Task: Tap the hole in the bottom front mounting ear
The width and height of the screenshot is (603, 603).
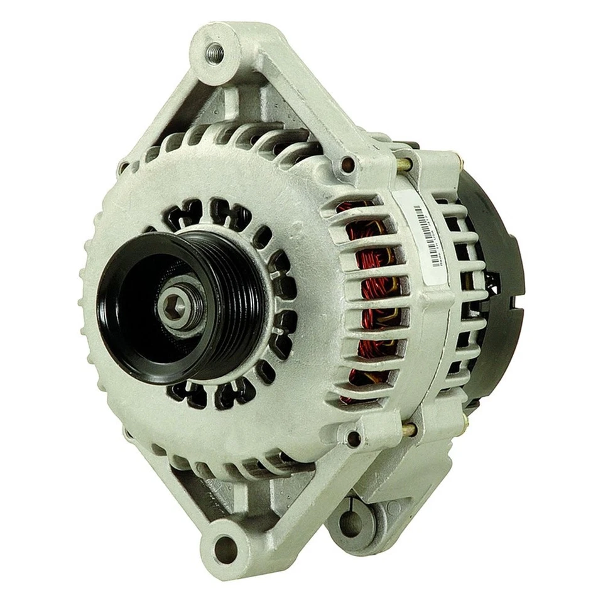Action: [224, 548]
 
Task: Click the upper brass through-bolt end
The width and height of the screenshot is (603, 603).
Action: [405, 165]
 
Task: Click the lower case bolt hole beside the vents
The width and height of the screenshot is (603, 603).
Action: [354, 437]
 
